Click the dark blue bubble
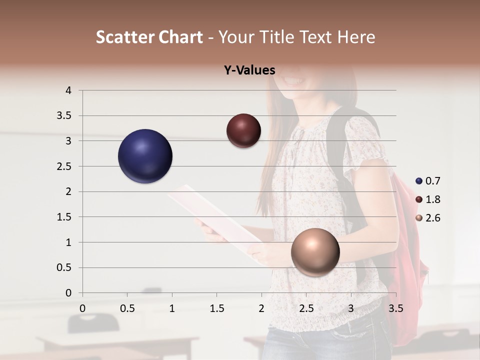145,156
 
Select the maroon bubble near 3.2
243,130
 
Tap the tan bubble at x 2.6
315,252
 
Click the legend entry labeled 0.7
428,181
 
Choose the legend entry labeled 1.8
428,199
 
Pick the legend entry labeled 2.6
428,218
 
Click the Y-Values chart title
249,70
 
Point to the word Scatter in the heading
125,37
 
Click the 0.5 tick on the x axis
127,308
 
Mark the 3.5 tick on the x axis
395,308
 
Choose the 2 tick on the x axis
261,308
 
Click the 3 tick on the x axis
351,308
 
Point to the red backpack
407,260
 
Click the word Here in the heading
356,37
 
